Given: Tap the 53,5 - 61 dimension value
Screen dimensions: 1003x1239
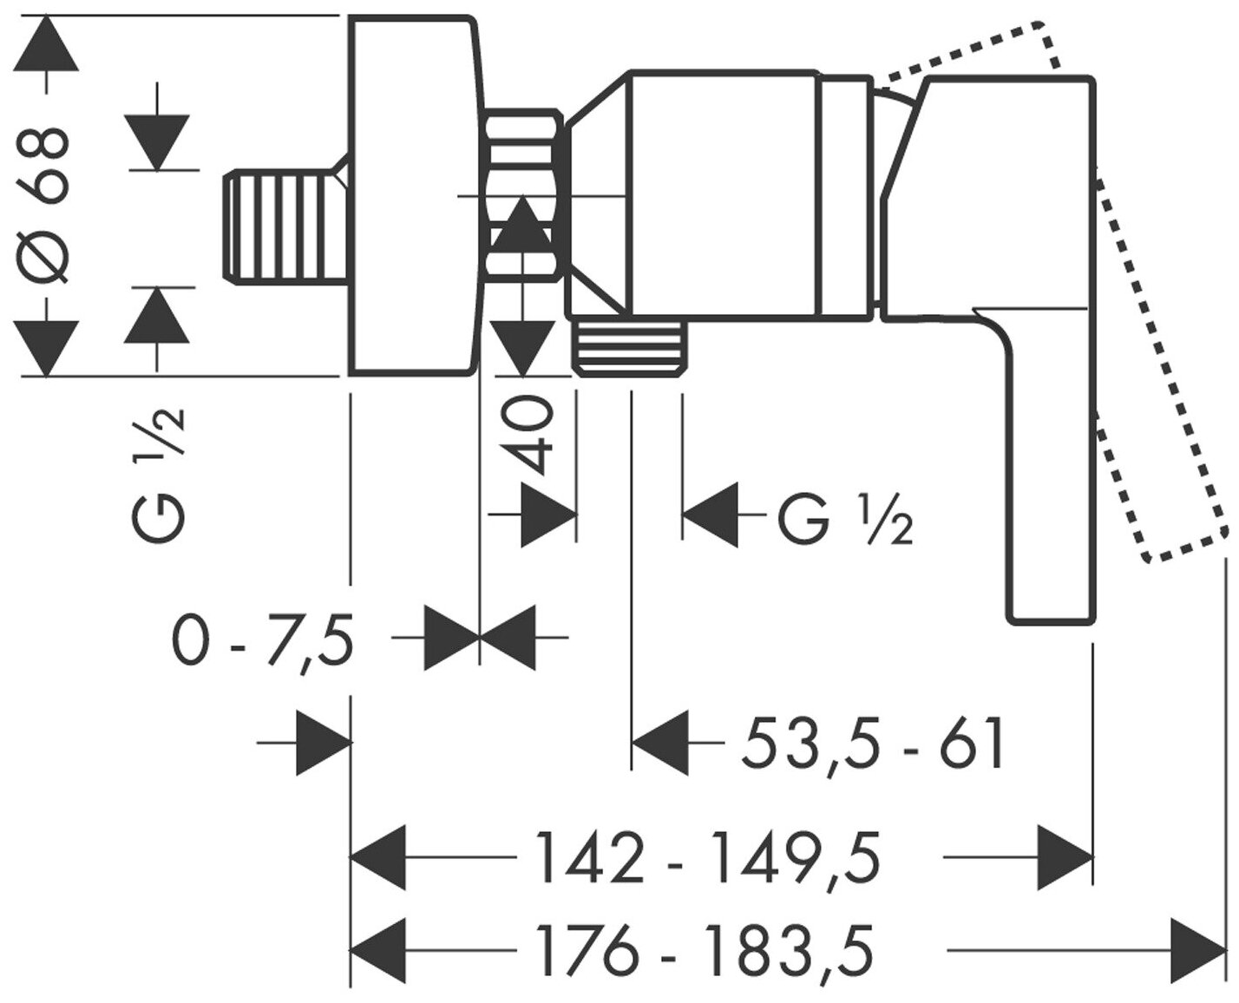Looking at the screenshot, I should click(x=872, y=744).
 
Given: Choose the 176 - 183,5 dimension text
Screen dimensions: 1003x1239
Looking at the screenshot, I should click(x=704, y=949).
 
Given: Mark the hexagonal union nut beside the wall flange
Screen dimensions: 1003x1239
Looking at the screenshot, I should click(x=523, y=195).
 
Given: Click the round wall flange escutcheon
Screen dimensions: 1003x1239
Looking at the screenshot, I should click(x=412, y=196).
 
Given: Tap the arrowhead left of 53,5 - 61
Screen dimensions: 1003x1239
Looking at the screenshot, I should click(x=660, y=744).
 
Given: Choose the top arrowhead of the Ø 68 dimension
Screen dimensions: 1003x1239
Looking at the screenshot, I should click(x=46, y=43).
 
